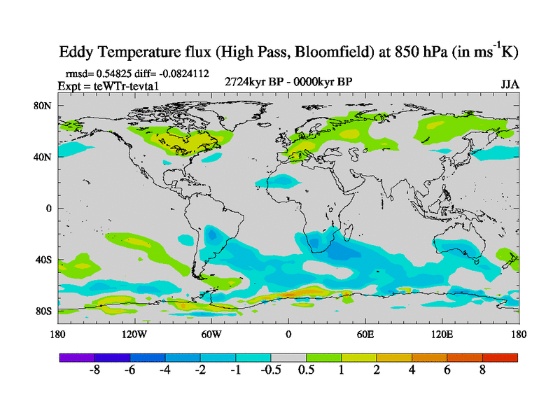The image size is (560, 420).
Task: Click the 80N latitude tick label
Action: tap(44, 106)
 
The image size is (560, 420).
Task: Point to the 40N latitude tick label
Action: tap(44, 157)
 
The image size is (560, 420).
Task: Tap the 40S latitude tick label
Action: tap(44, 260)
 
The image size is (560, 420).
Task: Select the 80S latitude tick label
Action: tap(44, 311)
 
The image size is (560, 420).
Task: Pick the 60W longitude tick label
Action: tap(211, 334)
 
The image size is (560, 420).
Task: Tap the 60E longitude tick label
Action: tap(365, 334)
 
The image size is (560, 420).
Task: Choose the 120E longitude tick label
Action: tap(442, 334)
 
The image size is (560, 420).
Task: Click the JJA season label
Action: tap(510, 85)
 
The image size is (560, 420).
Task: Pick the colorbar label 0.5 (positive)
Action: tap(307, 371)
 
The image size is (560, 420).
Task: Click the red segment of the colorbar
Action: tap(500, 357)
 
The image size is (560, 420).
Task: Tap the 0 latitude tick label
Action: tap(49, 209)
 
